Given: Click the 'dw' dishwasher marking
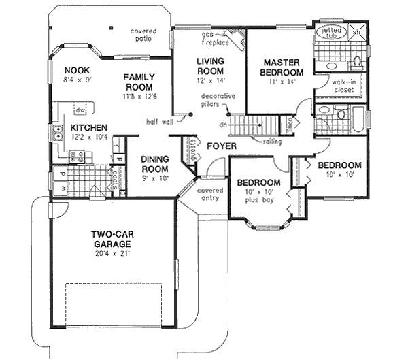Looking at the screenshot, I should (80, 110).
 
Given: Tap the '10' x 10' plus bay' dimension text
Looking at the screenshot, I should (258, 197).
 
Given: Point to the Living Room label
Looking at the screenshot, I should (210, 65).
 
